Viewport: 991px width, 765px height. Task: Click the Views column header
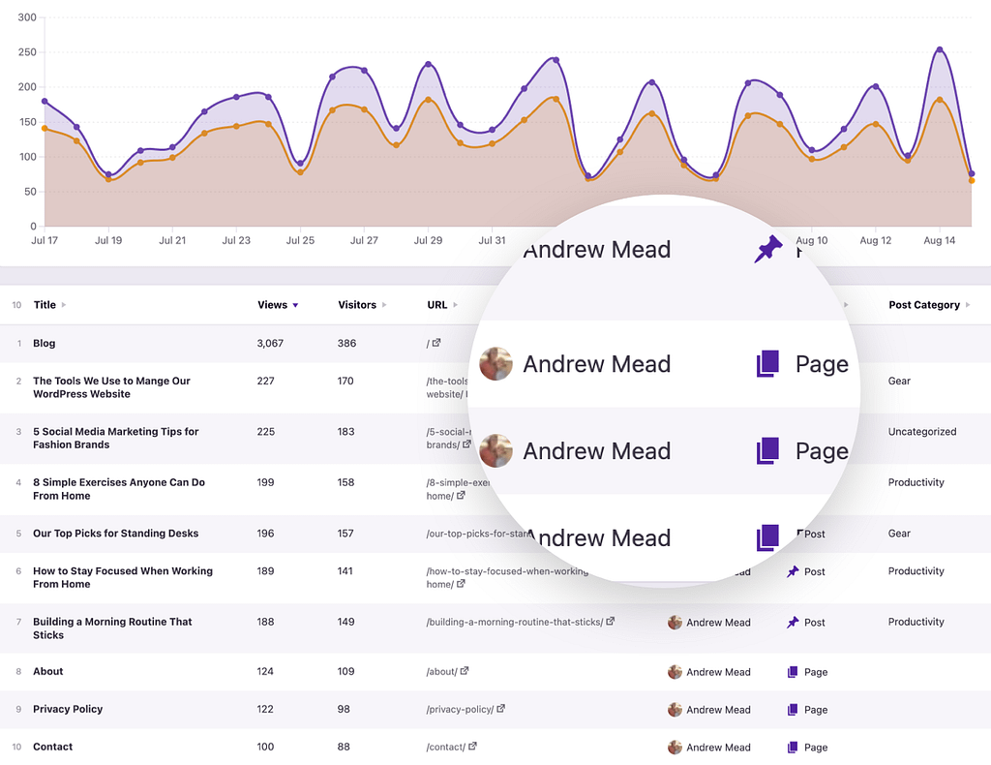coord(272,305)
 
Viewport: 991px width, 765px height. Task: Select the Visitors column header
coord(357,305)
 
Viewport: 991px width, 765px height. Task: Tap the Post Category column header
coord(924,305)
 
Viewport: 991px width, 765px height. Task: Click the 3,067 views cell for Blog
coord(270,344)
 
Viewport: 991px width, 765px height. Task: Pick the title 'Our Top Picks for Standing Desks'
coord(115,534)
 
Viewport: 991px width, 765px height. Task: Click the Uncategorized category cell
coord(921,432)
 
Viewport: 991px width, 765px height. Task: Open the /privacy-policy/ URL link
coord(460,710)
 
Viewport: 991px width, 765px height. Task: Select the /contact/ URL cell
coord(445,748)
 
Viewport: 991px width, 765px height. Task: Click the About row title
coord(47,672)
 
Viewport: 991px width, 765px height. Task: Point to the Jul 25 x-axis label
coord(301,240)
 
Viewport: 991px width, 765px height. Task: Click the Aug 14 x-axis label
coord(939,240)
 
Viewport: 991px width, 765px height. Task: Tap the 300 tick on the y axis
coord(27,17)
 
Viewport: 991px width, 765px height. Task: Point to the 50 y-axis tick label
coord(30,192)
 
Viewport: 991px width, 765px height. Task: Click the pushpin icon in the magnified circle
coord(768,250)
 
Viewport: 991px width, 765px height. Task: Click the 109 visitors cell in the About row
coord(345,672)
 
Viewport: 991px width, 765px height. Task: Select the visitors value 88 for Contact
coord(344,748)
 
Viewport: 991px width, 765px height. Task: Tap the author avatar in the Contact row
coord(675,748)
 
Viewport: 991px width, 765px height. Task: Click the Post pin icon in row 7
coord(793,623)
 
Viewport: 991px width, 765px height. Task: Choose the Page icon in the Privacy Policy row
coord(793,710)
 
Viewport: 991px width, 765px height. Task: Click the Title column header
coord(45,305)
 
